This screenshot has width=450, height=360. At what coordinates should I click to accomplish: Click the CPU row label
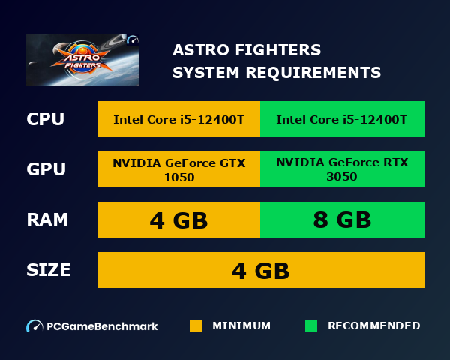(x=45, y=119)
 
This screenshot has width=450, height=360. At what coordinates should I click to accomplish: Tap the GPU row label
(x=46, y=169)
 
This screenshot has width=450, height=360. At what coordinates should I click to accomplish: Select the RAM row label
(x=47, y=220)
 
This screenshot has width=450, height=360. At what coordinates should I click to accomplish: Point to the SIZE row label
(x=49, y=270)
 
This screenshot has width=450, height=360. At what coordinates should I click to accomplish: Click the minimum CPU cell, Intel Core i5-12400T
(x=178, y=119)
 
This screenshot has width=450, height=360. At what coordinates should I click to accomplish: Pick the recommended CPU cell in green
(x=342, y=119)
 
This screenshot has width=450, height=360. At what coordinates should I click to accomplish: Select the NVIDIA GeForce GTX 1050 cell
(x=178, y=169)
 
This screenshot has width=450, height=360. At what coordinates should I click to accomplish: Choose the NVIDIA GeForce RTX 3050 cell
(x=342, y=169)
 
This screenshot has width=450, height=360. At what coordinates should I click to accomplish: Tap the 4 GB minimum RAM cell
(x=178, y=220)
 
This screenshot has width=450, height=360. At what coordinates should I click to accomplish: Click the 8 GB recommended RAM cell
(x=342, y=220)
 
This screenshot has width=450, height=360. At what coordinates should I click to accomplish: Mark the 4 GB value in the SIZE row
(x=260, y=270)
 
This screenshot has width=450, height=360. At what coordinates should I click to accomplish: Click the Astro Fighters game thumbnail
(x=82, y=59)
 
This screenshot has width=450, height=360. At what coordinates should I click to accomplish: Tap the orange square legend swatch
(x=196, y=326)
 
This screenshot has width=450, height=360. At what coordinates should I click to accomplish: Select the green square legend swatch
(x=311, y=326)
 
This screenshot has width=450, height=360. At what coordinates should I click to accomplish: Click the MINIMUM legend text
(x=241, y=326)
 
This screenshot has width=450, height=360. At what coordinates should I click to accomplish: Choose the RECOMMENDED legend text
(x=373, y=326)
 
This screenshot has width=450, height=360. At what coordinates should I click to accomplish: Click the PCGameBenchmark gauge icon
(x=34, y=326)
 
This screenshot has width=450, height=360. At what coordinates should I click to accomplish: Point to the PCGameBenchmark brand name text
(x=102, y=326)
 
